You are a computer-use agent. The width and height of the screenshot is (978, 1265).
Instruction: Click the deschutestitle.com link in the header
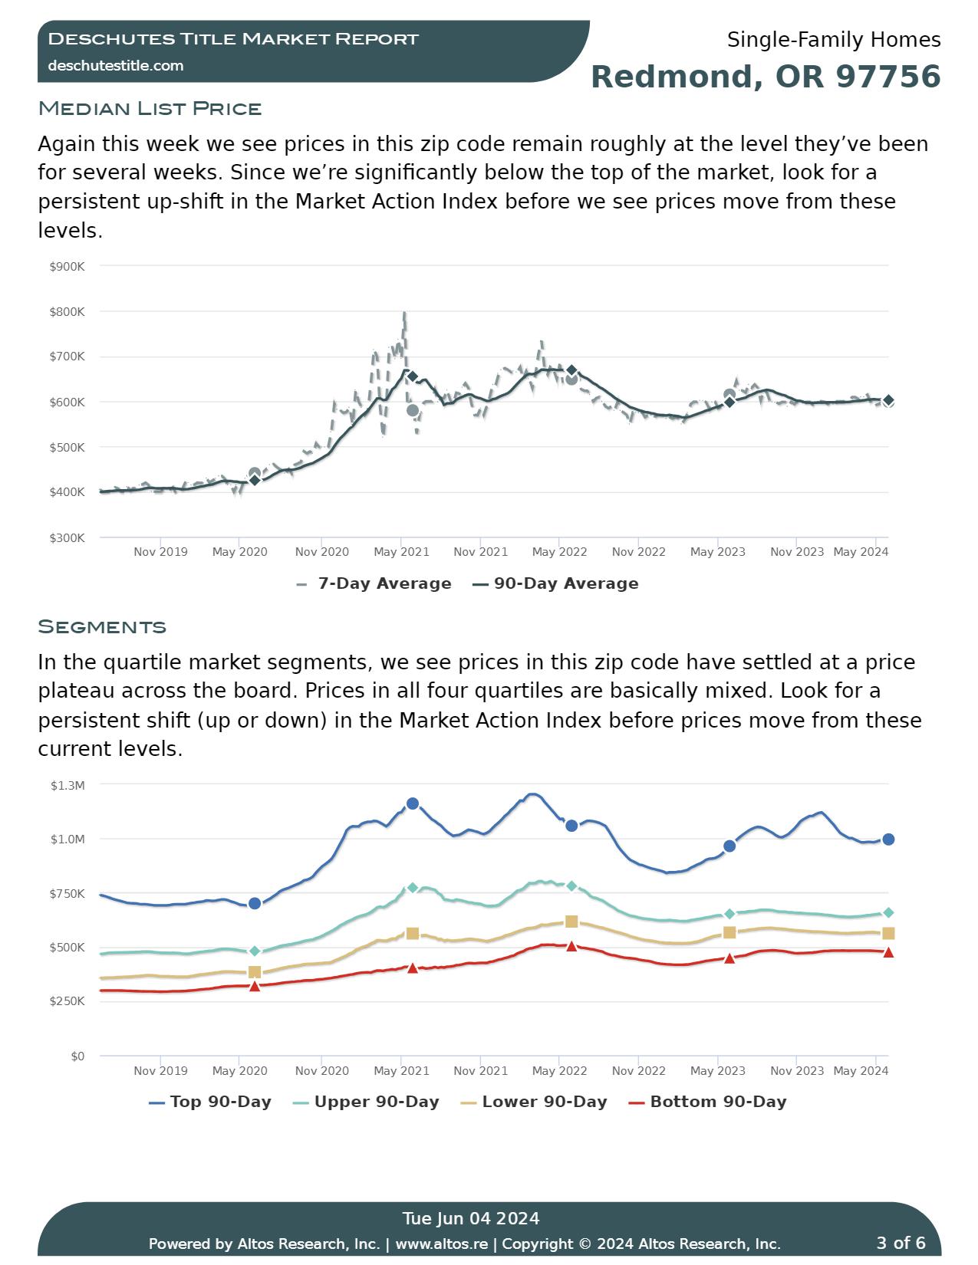(x=116, y=66)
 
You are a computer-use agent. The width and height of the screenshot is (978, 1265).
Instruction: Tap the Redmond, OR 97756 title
(x=766, y=77)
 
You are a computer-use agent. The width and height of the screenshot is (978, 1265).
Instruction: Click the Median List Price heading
(x=150, y=108)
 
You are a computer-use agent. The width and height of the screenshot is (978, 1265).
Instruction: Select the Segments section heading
(x=102, y=626)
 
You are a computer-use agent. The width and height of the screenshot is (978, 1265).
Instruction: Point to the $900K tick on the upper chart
(x=67, y=266)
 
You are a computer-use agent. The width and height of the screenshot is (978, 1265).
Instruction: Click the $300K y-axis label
(x=67, y=538)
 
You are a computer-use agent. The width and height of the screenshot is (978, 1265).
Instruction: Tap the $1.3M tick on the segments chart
(x=68, y=785)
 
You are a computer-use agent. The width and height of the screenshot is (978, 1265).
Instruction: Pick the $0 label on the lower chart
(x=77, y=1056)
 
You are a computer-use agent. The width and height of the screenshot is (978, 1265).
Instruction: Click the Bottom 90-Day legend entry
(x=707, y=1102)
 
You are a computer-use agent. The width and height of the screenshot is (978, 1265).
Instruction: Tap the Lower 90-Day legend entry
(x=534, y=1102)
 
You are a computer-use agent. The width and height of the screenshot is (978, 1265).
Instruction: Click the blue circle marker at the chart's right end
(x=888, y=839)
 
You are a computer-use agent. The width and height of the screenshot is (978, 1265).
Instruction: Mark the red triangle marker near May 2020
(x=255, y=986)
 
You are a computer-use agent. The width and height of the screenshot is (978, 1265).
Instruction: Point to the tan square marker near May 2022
(x=571, y=922)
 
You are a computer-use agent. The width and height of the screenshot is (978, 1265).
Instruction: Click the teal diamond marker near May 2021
(x=413, y=888)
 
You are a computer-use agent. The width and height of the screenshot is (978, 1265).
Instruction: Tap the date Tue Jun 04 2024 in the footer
(x=471, y=1218)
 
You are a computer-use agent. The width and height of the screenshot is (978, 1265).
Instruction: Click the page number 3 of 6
(x=901, y=1243)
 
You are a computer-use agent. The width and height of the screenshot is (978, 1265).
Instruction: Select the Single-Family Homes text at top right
(x=834, y=40)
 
